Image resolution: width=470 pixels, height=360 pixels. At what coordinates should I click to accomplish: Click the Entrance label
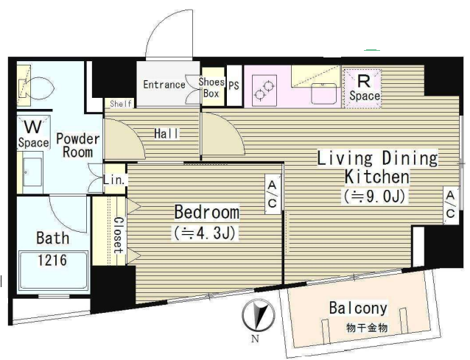click(x=164, y=85)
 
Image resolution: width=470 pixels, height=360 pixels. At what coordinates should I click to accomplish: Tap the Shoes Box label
click(x=211, y=88)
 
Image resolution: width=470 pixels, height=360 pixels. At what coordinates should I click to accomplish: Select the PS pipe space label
click(x=234, y=85)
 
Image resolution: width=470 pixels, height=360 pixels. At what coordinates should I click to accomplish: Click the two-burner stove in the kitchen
click(x=264, y=91)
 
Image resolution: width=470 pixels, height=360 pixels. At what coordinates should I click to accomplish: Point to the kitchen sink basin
click(x=323, y=93)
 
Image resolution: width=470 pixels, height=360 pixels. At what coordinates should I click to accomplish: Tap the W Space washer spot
click(x=33, y=133)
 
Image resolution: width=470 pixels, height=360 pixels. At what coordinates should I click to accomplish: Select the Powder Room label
click(x=77, y=146)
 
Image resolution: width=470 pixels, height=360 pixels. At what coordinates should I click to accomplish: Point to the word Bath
click(x=53, y=238)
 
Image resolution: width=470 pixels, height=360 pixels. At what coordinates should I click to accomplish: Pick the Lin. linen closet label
click(x=114, y=180)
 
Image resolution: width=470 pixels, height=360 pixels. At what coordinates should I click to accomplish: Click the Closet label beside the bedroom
click(x=119, y=235)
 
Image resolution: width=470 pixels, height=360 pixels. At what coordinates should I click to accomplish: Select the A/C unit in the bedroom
click(x=273, y=194)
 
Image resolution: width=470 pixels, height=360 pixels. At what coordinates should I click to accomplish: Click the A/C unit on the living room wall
click(x=451, y=205)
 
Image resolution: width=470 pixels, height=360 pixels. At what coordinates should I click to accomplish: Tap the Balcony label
click(x=358, y=308)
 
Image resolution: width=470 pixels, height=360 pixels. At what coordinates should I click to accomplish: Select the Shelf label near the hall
click(x=121, y=104)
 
